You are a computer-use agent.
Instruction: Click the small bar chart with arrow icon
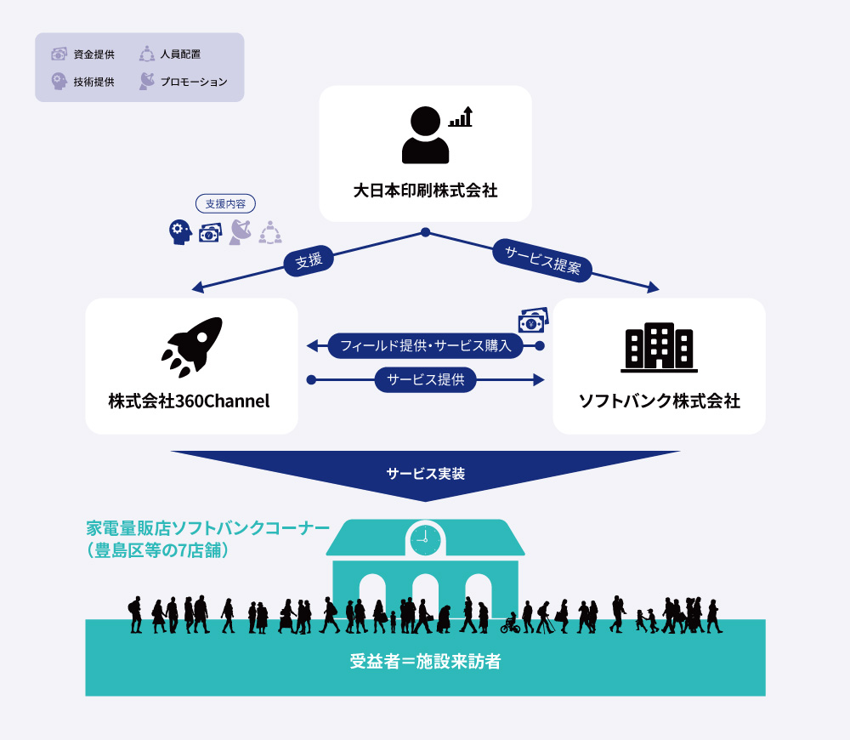coord(461,117)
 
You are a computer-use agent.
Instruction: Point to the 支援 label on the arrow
coord(309,261)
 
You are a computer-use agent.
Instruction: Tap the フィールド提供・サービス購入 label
coord(425,345)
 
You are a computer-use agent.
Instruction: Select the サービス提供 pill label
coord(425,379)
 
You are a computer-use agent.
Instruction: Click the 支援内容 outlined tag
coord(226,204)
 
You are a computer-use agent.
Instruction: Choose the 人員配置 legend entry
coord(170,54)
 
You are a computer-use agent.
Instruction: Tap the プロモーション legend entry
coord(183,82)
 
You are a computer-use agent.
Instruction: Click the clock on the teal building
coord(425,539)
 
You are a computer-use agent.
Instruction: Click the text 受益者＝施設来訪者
coord(425,661)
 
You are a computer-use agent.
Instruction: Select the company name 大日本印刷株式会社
coord(425,190)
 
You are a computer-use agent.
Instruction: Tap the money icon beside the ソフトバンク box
coord(533,321)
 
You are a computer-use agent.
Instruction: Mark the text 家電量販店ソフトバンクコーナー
coord(207,528)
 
